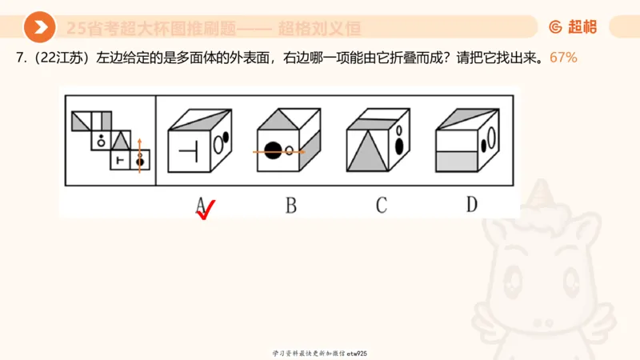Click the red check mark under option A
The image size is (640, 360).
pyautogui.click(x=206, y=211)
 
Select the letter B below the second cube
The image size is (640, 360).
pyautogui.click(x=291, y=205)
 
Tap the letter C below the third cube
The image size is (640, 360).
pyautogui.click(x=382, y=205)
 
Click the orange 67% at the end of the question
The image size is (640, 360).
pyautogui.click(x=563, y=58)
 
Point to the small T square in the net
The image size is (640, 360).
pyautogui.click(x=120, y=160)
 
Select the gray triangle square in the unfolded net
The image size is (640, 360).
pyautogui.click(x=120, y=141)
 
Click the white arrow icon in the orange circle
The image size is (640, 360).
pyautogui.click(x=39, y=27)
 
